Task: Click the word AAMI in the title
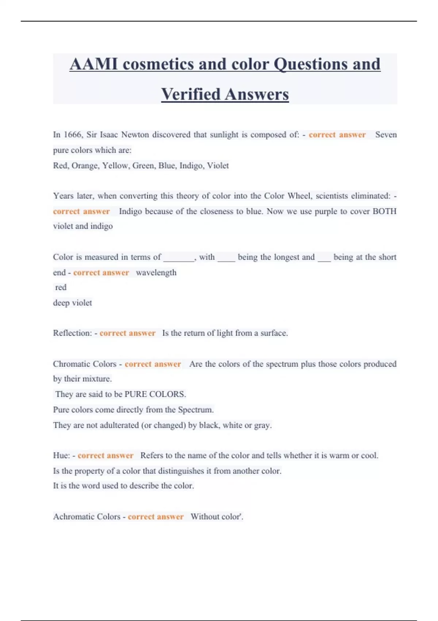93,64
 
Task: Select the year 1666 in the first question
73,135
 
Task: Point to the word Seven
386,135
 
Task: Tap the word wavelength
156,273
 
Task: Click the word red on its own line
61,287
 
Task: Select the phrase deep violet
72,303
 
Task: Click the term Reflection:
72,333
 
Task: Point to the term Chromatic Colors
85,364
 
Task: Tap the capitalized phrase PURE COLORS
155,395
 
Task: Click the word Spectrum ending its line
195,410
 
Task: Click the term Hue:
62,456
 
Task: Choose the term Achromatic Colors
87,517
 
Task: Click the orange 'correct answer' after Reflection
127,333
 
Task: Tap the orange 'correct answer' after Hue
105,456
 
